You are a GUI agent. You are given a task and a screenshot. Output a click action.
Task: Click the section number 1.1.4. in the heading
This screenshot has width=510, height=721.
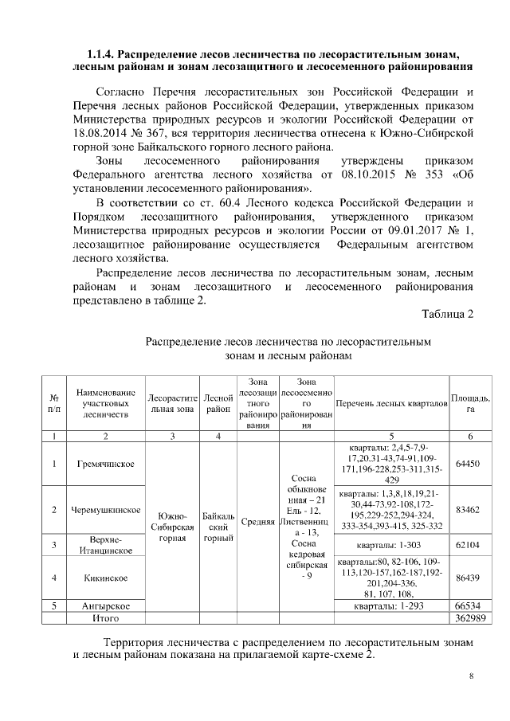pyautogui.click(x=101, y=53)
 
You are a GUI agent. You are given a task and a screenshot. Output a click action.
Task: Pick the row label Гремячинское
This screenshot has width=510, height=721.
pyautogui.click(x=106, y=464)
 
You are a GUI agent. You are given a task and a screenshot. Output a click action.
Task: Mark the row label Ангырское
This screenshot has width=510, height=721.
pyautogui.click(x=106, y=605)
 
